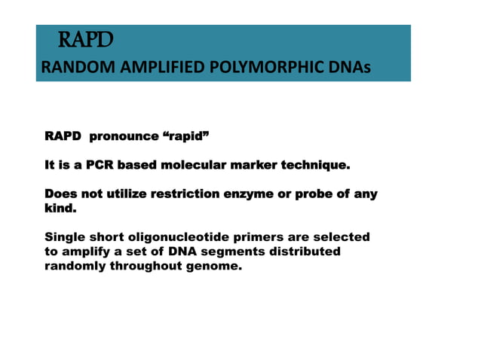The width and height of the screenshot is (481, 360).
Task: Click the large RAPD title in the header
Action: (x=85, y=38)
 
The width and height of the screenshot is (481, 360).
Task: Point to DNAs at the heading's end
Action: (x=349, y=69)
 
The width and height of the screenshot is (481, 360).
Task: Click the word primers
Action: (x=256, y=236)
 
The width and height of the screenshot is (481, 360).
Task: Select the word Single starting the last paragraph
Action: (x=66, y=236)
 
